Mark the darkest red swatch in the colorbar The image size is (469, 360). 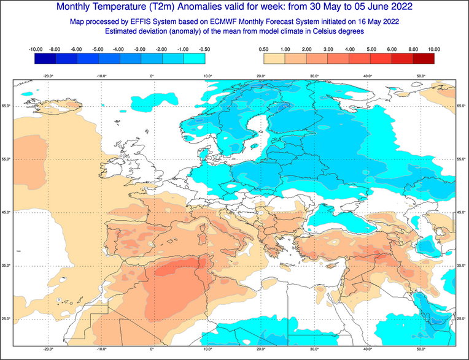click(x=424, y=58)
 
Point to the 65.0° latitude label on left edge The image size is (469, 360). click(x=6, y=106)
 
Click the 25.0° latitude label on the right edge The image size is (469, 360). click(x=462, y=318)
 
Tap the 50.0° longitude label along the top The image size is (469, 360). click(x=421, y=76)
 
